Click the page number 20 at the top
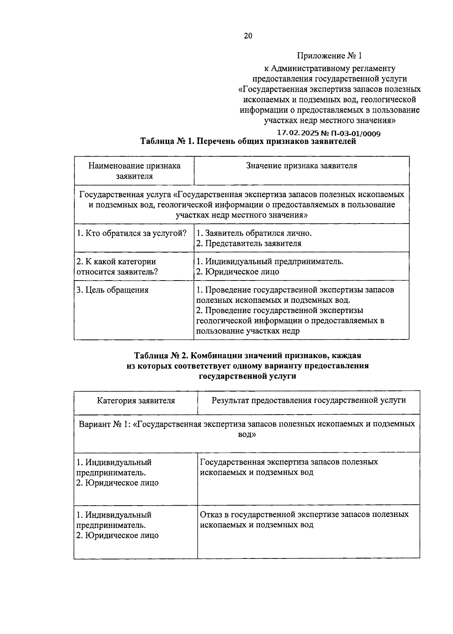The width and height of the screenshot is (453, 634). tap(248, 36)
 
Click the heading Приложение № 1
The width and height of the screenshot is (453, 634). tap(329, 56)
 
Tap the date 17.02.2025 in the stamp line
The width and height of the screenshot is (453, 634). tap(298, 133)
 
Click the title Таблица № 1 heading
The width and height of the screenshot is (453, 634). tap(248, 142)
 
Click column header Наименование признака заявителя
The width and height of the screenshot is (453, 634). tap(134, 171)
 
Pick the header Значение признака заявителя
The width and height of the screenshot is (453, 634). tap(301, 166)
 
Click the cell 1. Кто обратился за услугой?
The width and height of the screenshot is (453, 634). tap(132, 233)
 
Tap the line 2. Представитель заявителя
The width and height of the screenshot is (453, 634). tap(249, 244)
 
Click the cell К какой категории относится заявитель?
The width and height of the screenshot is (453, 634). tap(117, 267)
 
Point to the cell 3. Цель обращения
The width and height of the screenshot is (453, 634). tap(112, 290)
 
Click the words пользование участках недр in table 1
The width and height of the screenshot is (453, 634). tap(248, 331)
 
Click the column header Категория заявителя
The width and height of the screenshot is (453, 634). tap(136, 401)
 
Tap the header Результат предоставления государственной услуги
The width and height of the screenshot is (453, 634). tap(308, 400)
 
